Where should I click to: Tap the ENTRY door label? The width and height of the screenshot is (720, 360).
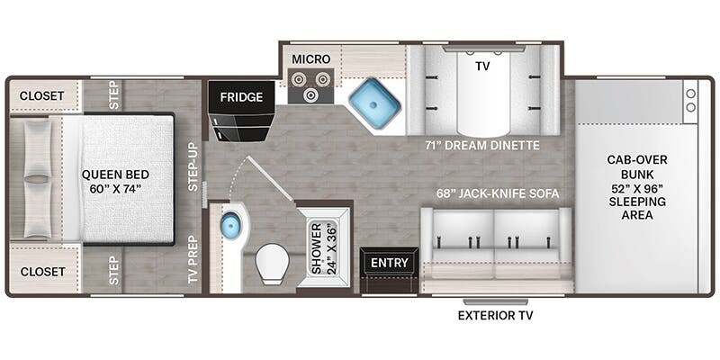click(389, 263)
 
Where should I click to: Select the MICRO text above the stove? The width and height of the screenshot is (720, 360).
click(310, 59)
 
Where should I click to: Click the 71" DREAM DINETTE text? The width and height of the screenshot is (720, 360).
click(481, 144)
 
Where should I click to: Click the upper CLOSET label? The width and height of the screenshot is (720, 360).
click(41, 95)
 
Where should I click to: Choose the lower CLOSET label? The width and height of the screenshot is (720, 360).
click(41, 271)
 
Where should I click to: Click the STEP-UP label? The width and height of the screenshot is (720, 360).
click(192, 167)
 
